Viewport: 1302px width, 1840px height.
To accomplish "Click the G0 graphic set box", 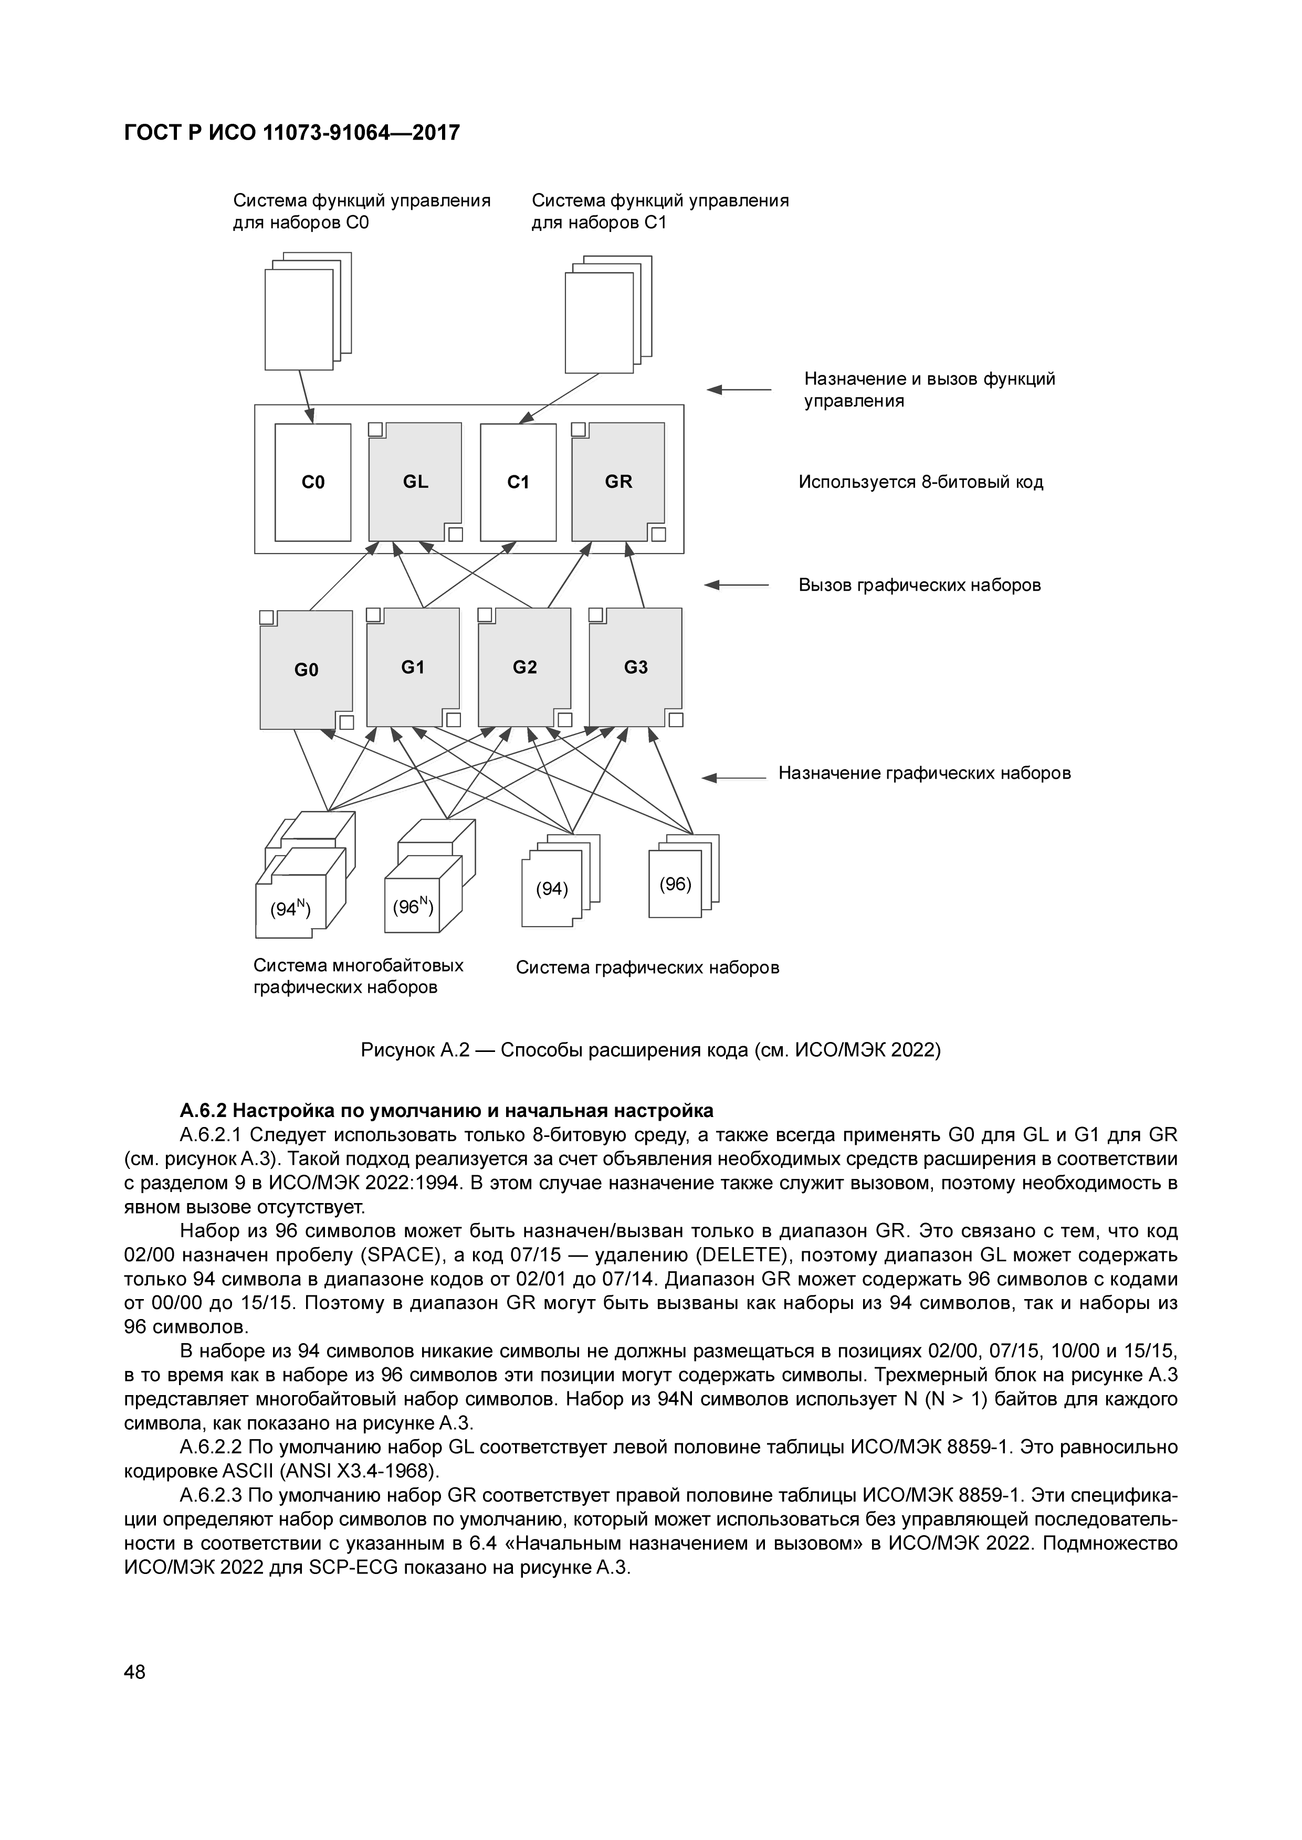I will pyautogui.click(x=306, y=670).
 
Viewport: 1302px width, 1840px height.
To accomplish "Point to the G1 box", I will pyautogui.click(x=413, y=667).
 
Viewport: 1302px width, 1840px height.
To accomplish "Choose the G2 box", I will pyautogui.click(x=524, y=667).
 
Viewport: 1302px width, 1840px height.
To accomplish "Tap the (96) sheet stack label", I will pyautogui.click(x=675, y=884).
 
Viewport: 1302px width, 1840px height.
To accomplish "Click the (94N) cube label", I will pyautogui.click(x=289, y=909).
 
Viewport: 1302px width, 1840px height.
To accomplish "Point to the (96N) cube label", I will pyautogui.click(x=413, y=907).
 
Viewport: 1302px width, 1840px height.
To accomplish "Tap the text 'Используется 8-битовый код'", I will pyautogui.click(x=920, y=483).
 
